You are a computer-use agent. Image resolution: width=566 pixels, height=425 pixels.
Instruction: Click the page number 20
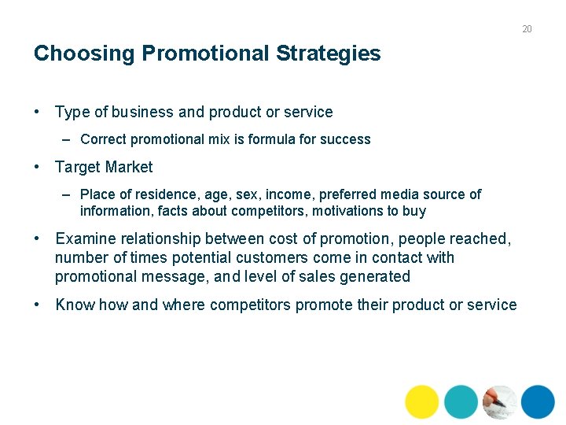[527, 29]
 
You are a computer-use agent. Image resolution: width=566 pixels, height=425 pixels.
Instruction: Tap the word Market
[127, 167]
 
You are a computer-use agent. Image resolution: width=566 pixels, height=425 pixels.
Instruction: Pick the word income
[289, 194]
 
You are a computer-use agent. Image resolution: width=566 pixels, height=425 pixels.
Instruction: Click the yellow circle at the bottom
[422, 401]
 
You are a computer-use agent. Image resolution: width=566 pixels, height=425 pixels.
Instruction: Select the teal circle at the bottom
[461, 401]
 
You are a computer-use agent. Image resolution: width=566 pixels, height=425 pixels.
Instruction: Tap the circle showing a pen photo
[499, 401]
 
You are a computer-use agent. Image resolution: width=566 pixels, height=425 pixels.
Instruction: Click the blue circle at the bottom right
[538, 401]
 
